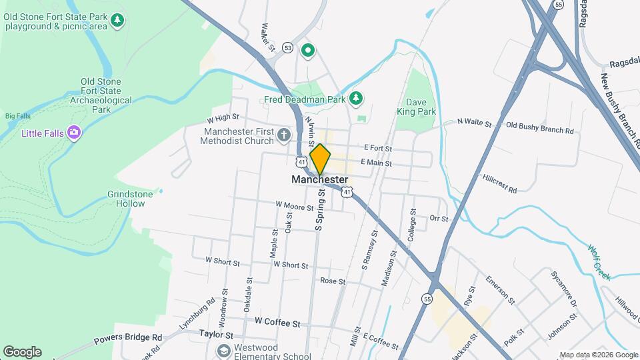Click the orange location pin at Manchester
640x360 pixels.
pyautogui.click(x=320, y=159)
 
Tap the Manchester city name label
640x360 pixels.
pyautogui.click(x=319, y=180)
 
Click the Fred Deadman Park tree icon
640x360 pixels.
pyautogui.click(x=357, y=99)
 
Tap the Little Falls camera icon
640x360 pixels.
pyautogui.click(x=74, y=133)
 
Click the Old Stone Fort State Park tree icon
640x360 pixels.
pyautogui.click(x=117, y=21)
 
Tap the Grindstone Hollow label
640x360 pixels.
pyautogui.click(x=130, y=199)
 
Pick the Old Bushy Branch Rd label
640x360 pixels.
pyautogui.click(x=540, y=127)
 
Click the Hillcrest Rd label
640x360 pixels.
pyautogui.click(x=499, y=185)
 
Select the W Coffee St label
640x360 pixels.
pyautogui.click(x=277, y=323)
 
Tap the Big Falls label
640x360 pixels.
pyautogui.click(x=18, y=115)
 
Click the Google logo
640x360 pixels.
pyautogui.click(x=22, y=351)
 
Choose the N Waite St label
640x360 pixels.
pyautogui.click(x=474, y=123)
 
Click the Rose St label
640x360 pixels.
pyautogui.click(x=333, y=281)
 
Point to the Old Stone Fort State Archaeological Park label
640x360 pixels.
pyautogui.click(x=101, y=95)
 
